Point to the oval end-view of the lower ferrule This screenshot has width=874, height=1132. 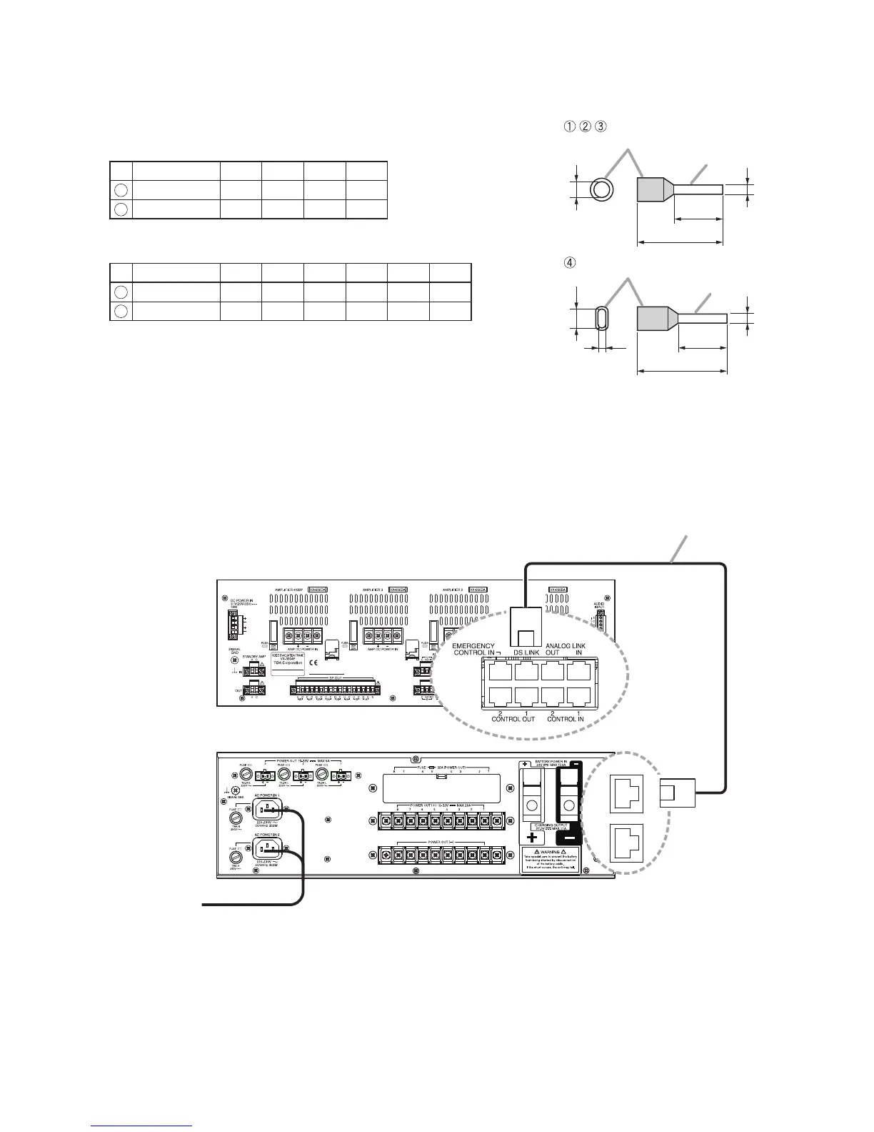click(x=601, y=318)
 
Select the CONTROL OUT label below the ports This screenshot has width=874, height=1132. click(x=513, y=719)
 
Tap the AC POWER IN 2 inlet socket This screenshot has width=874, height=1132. click(x=268, y=848)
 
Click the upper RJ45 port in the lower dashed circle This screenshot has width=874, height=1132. click(x=624, y=793)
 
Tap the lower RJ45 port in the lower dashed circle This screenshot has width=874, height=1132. click(x=624, y=843)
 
